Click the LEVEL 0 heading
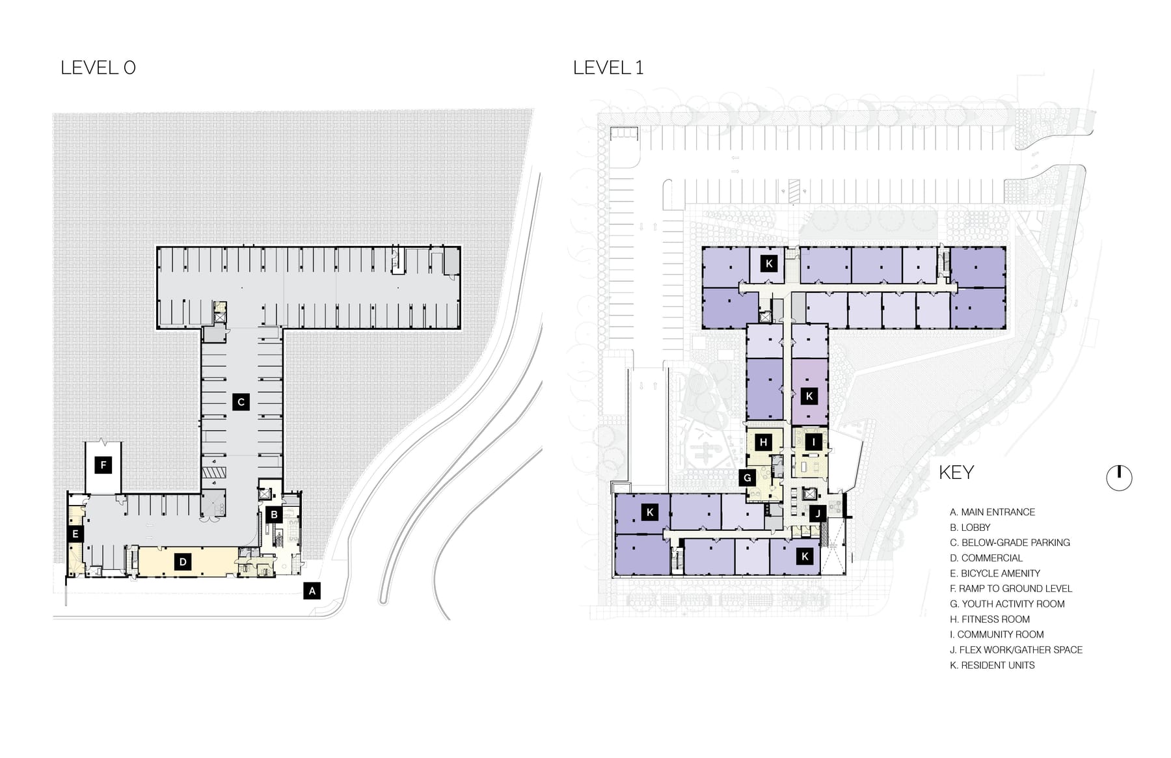(98, 68)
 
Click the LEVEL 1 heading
(608, 68)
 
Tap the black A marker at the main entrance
(312, 591)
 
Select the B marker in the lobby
(275, 515)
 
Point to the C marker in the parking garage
(241, 401)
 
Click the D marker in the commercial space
(183, 562)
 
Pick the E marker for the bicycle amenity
(75, 535)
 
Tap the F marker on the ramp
(103, 465)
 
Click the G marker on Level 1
(747, 478)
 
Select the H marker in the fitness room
(764, 442)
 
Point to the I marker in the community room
(813, 442)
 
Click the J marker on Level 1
(818, 513)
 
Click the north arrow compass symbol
(1119, 478)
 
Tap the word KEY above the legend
(956, 472)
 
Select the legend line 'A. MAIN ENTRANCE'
(992, 512)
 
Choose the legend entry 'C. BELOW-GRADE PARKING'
(1010, 543)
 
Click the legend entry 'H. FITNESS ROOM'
(989, 619)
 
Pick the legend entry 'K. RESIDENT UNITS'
(992, 665)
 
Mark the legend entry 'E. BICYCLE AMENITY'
(995, 573)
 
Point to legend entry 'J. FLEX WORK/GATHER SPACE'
(1016, 649)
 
